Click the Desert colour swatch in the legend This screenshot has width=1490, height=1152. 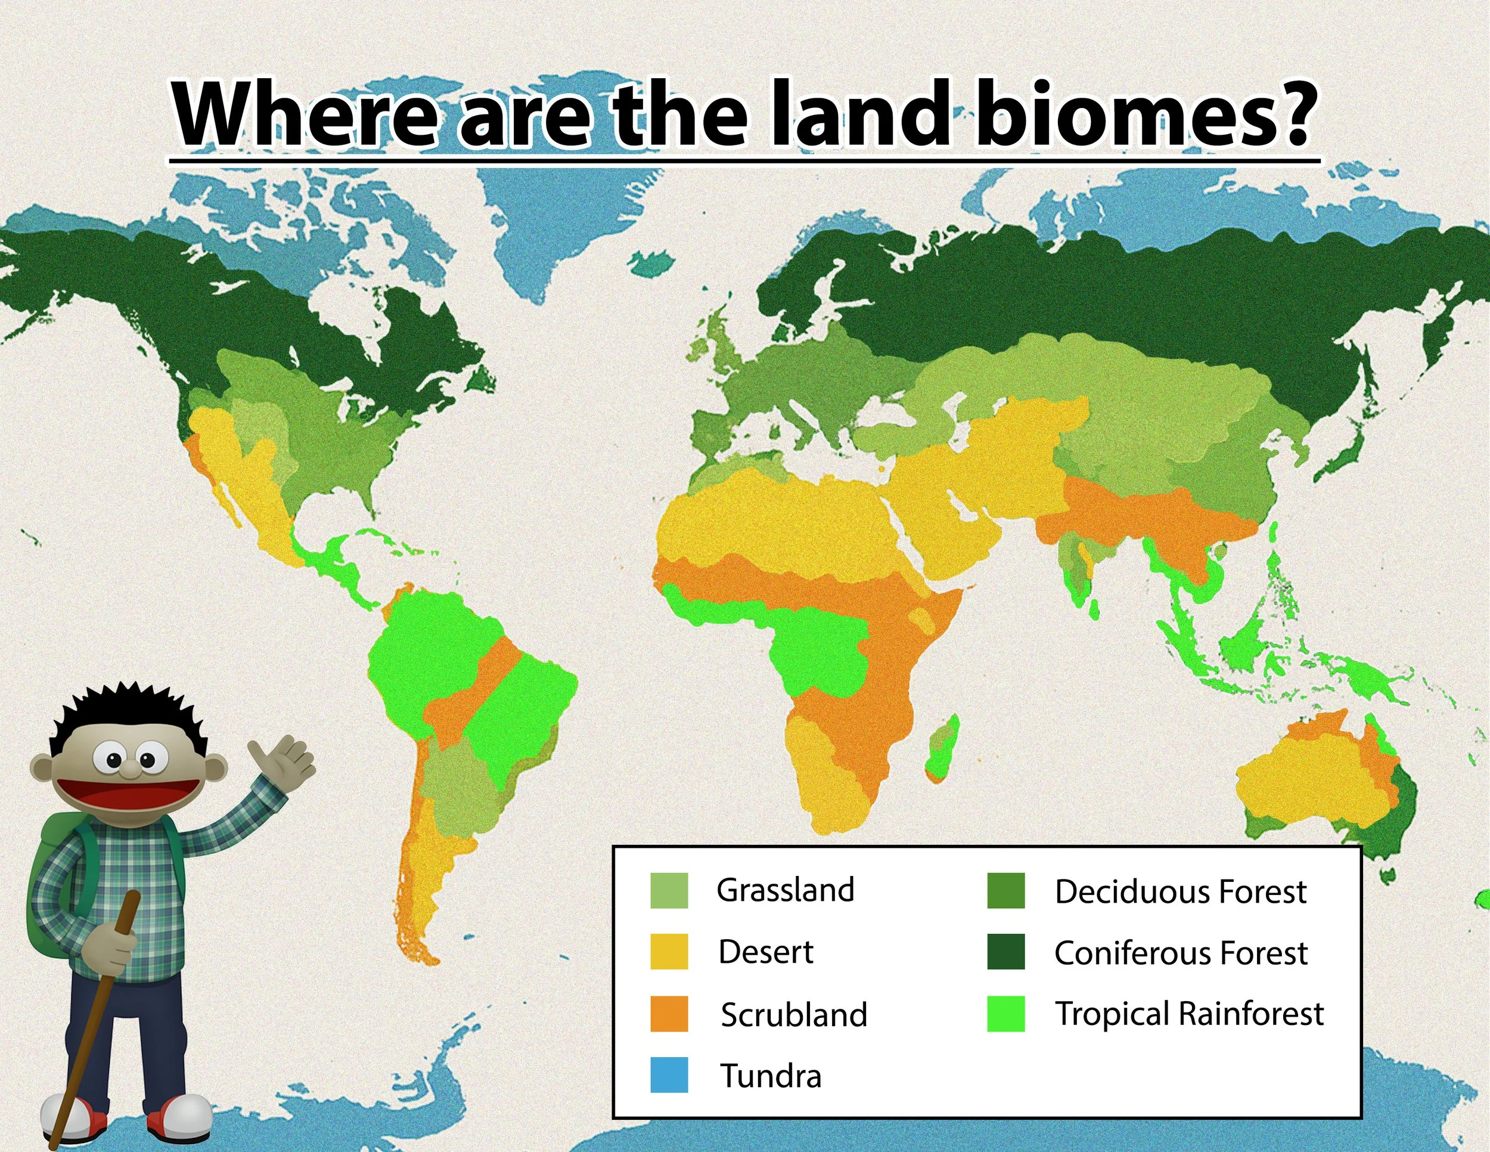click(669, 952)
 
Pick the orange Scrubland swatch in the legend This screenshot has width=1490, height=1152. click(669, 1014)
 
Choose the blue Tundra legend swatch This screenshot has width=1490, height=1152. click(669, 1075)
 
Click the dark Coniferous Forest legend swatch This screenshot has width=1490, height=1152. click(1005, 952)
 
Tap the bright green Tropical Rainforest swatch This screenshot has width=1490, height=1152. click(1005, 1014)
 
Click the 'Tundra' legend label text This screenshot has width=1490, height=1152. click(771, 1076)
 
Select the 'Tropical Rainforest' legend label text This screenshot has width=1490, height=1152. click(1188, 1014)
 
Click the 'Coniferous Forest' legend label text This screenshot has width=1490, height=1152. click(1180, 953)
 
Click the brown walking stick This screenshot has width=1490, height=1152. click(92, 1024)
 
